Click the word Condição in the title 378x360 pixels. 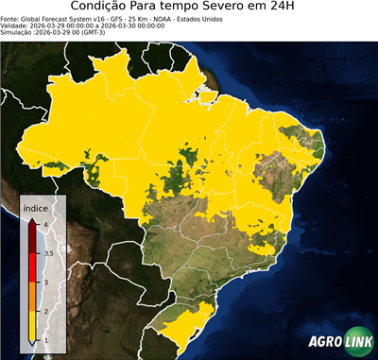[104, 8]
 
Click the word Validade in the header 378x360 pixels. [15, 25]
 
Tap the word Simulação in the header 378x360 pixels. [17, 32]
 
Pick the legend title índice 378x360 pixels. [37, 206]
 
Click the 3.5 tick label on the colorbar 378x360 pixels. [48, 253]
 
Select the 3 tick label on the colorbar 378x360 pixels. [46, 282]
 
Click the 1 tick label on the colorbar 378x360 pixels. [46, 339]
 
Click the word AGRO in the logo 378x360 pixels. [325, 342]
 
